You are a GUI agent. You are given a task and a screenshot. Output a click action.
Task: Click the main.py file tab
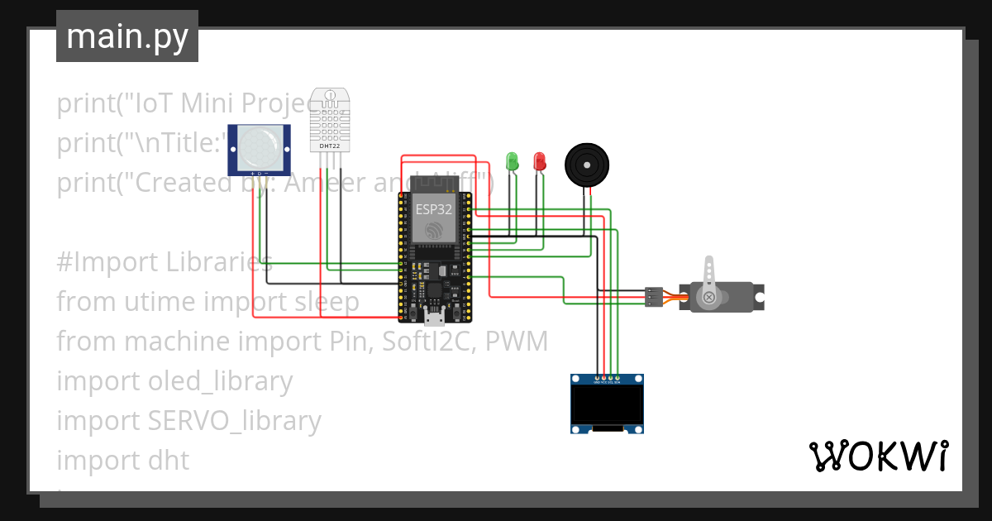click(126, 36)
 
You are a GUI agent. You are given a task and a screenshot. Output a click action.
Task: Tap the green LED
click(512, 160)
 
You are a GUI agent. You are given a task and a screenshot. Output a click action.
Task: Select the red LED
click(539, 160)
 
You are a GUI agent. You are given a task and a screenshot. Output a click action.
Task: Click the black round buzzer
click(589, 165)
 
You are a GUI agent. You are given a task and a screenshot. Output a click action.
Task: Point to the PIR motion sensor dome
click(260, 146)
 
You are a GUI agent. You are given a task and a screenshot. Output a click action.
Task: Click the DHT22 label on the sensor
click(329, 146)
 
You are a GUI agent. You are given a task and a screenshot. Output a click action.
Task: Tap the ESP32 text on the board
click(433, 209)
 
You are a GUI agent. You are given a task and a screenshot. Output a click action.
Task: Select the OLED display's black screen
click(608, 405)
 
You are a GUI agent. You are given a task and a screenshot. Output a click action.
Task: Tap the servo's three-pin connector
click(654, 297)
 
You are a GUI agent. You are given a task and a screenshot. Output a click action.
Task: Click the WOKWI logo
click(878, 456)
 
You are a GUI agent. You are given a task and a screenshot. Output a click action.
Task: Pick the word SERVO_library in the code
click(234, 420)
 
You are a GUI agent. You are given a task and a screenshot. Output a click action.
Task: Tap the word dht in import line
click(169, 460)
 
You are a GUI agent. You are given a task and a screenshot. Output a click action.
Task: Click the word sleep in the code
click(327, 301)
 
